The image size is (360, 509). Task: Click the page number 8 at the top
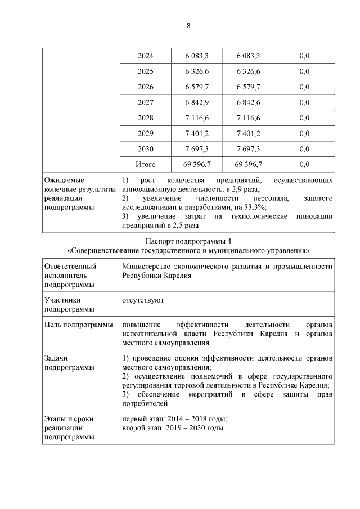tap(188, 25)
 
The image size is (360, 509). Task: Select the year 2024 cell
tap(146, 56)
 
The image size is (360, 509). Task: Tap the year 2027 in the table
tap(146, 102)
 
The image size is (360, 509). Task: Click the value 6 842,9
tap(197, 102)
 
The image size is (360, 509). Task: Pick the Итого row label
tap(146, 164)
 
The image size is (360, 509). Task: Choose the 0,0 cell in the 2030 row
tap(305, 149)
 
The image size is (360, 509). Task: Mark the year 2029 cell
tap(146, 133)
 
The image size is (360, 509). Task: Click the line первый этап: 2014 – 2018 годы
tap(174, 419)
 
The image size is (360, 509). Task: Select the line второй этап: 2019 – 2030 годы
tap(172, 428)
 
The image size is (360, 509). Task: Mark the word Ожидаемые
tap(62, 181)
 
